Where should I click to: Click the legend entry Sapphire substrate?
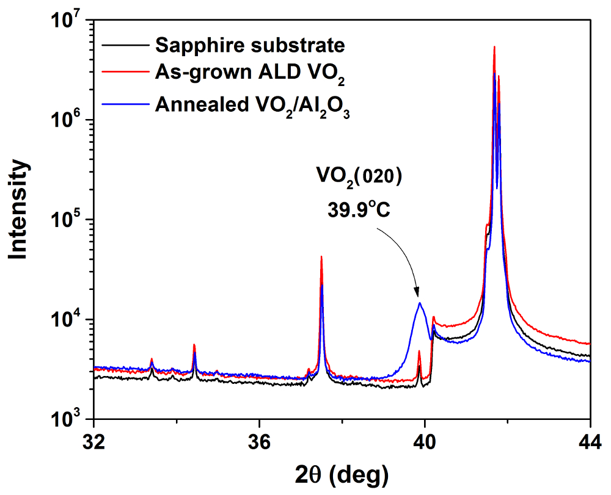point(251,45)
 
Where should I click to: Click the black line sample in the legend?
point(125,45)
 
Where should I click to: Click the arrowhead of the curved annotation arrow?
point(418,294)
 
